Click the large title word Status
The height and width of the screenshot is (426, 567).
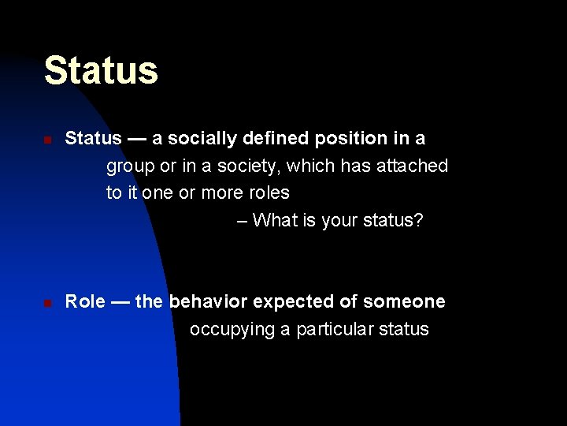point(101,70)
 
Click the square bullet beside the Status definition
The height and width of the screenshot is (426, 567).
point(47,140)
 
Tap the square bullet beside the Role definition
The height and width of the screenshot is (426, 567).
point(47,304)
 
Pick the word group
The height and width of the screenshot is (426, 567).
point(131,166)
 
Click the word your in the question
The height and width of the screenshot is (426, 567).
point(339,221)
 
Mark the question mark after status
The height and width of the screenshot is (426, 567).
point(418,220)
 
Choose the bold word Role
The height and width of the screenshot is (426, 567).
point(85,301)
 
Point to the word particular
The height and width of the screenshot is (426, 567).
point(334,329)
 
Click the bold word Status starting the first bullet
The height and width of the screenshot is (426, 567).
point(93,139)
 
